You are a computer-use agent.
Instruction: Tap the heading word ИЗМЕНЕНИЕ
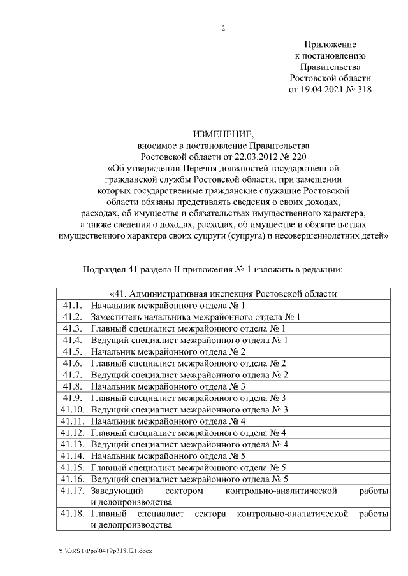coord(223,134)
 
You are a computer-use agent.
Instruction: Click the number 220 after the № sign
coord(295,156)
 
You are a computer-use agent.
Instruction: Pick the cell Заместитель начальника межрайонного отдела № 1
coord(195,317)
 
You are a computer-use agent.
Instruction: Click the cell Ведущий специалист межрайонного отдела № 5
coord(190,479)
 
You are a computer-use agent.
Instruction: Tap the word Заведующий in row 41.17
coord(117,491)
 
